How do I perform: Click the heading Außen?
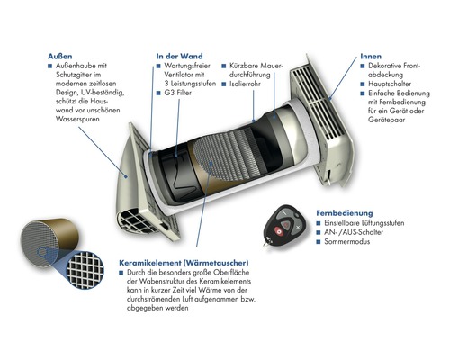(x=60, y=57)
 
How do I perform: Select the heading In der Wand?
(x=179, y=57)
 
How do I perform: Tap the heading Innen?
(x=371, y=57)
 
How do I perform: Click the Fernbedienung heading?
(x=345, y=213)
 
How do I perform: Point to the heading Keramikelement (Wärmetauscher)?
(x=184, y=263)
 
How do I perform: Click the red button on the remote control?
(x=278, y=232)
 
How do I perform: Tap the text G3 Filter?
(x=177, y=93)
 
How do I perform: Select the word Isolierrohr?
(x=245, y=84)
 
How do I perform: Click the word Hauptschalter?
(x=390, y=84)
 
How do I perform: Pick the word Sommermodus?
(x=346, y=241)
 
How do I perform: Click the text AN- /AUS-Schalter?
(x=354, y=232)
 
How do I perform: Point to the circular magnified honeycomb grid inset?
(x=85, y=270)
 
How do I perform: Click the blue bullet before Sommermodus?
(x=319, y=242)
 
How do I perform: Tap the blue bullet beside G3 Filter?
(x=158, y=94)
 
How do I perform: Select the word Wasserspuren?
(x=77, y=119)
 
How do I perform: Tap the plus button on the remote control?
(x=298, y=228)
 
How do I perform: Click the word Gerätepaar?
(x=387, y=120)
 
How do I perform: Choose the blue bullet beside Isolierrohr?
(x=224, y=85)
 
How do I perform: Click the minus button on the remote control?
(x=283, y=214)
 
